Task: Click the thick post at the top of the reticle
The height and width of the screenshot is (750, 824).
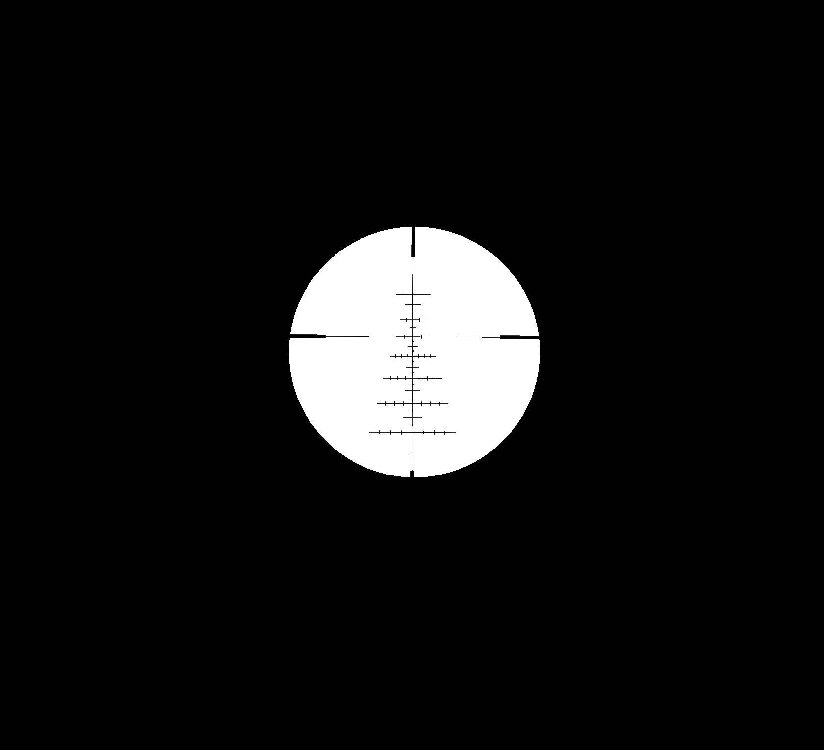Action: coord(413,242)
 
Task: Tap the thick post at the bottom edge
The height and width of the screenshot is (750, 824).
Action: coord(412,474)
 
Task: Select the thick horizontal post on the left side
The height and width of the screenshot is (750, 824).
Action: coord(308,336)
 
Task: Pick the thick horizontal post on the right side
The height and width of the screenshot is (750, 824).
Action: coord(519,337)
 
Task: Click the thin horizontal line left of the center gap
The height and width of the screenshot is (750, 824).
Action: coord(347,336)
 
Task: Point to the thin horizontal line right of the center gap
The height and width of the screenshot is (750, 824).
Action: coord(478,337)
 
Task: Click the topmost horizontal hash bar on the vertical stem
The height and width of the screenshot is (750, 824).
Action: coord(413,294)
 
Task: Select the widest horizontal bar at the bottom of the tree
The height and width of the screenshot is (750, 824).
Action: coord(412,433)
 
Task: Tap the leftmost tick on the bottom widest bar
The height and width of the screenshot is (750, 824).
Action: coord(380,432)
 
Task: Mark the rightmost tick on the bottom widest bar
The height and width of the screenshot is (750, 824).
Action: coord(445,433)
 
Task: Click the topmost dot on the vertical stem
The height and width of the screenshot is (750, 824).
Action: coord(413,341)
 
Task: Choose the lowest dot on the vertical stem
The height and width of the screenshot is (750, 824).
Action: coord(412,425)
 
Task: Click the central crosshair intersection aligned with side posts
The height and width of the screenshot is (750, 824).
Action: coord(413,337)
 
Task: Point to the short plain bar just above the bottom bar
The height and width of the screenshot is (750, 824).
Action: coord(412,418)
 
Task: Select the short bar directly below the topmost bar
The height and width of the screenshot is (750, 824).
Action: coord(413,305)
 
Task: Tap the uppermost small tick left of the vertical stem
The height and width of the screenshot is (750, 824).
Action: coord(407,320)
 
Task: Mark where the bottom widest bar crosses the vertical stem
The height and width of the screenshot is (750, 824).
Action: coord(412,433)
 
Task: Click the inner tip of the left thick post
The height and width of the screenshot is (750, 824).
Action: coord(325,336)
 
